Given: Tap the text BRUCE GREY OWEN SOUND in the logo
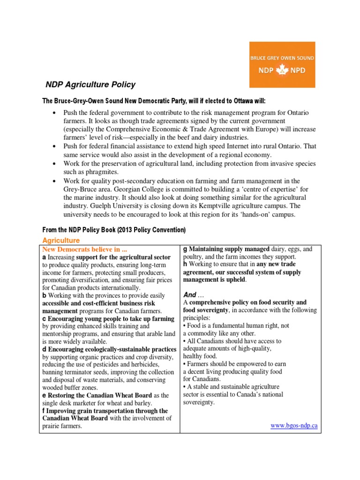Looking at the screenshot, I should pos(282,58).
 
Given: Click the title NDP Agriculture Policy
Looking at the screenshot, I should pos(90,85).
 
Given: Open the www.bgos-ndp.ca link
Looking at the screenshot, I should pos(294,425).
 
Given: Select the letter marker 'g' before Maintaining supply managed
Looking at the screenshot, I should pos(186,249).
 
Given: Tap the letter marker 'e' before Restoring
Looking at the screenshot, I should pos(44,395).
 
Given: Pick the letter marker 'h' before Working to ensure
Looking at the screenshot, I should pos(186,264).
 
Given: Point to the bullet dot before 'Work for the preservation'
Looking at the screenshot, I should pos(55,164).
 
